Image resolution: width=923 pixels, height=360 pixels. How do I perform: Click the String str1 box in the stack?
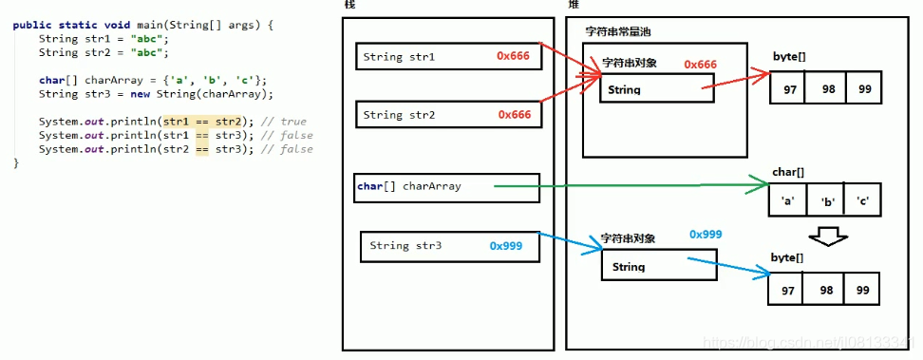pos(448,57)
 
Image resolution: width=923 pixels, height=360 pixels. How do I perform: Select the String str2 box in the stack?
pos(448,115)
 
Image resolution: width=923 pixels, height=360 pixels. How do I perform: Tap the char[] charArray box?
pos(446,187)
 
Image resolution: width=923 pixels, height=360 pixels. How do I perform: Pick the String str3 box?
pos(450,246)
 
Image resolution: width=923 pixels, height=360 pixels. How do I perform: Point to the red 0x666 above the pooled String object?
pos(700,65)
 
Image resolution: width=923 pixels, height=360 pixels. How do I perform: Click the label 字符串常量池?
pos(617,32)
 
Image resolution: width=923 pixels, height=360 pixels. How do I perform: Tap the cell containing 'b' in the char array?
pos(823,201)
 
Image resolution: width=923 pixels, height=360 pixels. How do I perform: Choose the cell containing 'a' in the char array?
pos(787,201)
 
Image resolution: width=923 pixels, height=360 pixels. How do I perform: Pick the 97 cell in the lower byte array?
pos(787,288)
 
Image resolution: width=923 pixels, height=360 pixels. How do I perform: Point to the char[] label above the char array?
pos(788,172)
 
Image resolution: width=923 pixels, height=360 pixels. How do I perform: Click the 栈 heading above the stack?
pos(350,6)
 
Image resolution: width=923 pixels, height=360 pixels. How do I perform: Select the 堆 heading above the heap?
pos(573,6)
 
